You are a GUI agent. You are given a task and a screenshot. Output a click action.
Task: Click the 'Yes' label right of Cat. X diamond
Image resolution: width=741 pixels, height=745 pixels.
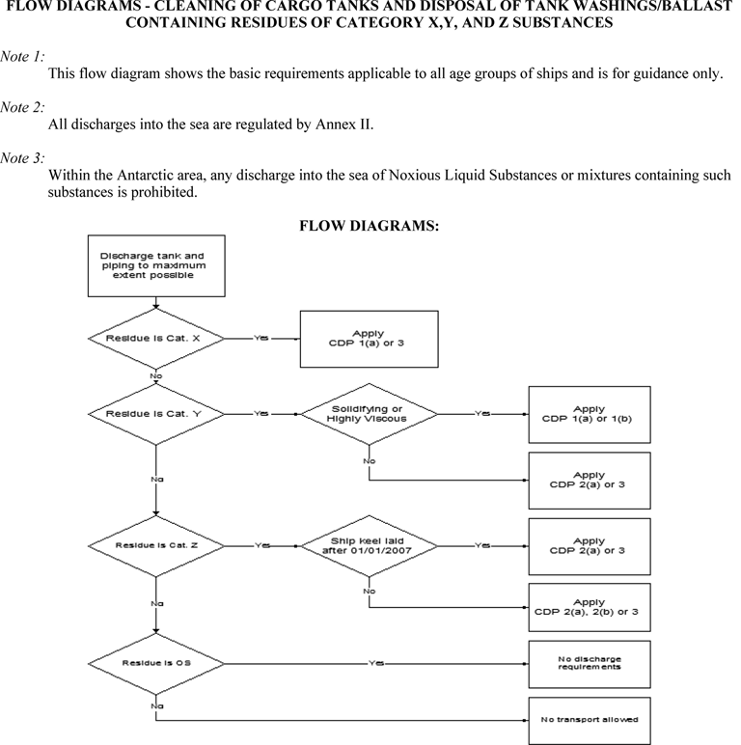pos(261,338)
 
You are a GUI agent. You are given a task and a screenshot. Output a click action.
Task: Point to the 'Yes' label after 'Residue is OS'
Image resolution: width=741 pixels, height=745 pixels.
pos(376,663)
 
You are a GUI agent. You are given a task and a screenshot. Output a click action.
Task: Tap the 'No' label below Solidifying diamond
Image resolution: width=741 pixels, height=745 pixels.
pos(370,461)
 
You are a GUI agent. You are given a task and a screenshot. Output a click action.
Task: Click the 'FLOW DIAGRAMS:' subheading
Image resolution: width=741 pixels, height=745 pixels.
pos(370,225)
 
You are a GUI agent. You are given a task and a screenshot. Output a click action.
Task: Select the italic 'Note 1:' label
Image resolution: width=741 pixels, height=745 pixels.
pos(22,57)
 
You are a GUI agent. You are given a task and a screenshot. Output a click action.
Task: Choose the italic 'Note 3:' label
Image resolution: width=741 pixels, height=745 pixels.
pos(22,157)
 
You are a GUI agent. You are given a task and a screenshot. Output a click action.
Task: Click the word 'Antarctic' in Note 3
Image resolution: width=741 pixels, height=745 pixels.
pos(146,176)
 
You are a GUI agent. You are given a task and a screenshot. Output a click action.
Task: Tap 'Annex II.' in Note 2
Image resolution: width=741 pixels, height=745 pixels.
pos(344,124)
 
